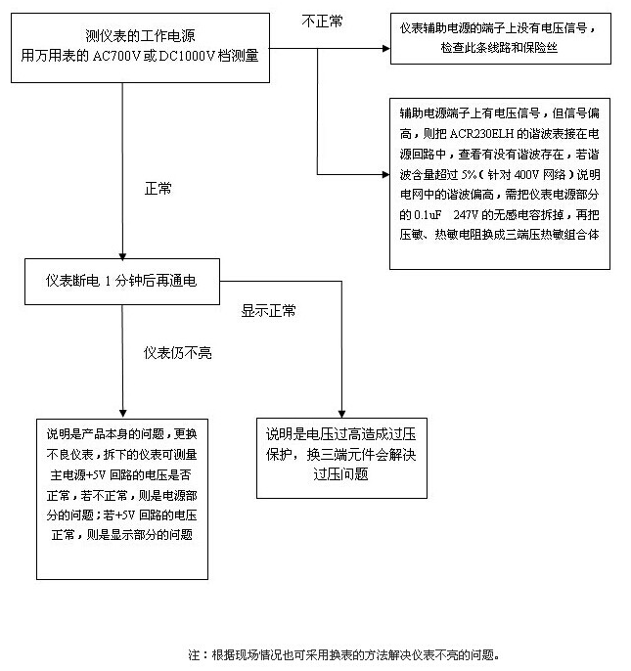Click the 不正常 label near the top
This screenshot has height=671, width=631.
[323, 21]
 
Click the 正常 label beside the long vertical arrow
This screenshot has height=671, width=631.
[158, 188]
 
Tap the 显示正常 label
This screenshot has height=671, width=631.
[268, 311]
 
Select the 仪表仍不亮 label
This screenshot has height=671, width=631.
[178, 352]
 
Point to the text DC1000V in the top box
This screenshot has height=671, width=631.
[187, 56]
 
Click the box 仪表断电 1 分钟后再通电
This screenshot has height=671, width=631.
[122, 282]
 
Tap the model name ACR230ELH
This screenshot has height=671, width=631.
[481, 134]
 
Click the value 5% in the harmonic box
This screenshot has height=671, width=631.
[469, 174]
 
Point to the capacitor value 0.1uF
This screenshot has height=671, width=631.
[428, 215]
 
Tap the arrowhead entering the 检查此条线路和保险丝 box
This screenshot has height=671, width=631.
[386, 48]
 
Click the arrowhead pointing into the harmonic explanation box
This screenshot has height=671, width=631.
[386, 174]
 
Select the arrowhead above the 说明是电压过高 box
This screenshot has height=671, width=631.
[341, 415]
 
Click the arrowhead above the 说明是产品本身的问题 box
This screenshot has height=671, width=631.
[123, 414]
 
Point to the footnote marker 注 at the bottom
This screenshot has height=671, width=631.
[194, 654]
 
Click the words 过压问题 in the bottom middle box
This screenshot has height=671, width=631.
[340, 474]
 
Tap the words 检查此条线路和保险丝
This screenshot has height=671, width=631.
[500, 48]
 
